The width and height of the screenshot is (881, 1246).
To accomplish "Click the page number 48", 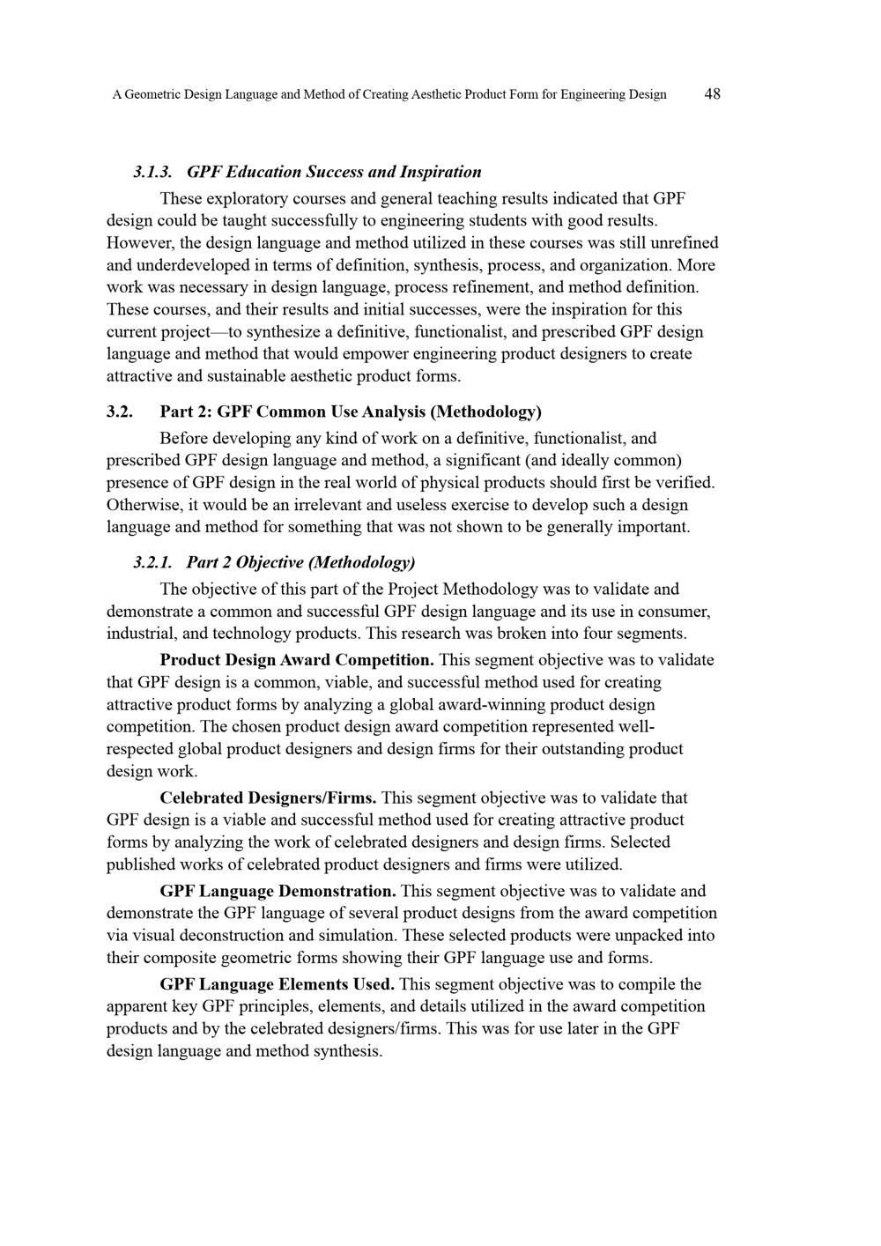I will [713, 94].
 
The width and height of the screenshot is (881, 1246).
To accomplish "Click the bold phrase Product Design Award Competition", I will [297, 660].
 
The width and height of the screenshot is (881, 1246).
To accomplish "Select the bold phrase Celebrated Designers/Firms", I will [269, 797].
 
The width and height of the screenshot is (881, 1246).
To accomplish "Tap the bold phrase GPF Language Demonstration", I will [278, 891].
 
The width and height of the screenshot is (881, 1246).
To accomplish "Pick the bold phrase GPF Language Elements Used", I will [277, 984].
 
